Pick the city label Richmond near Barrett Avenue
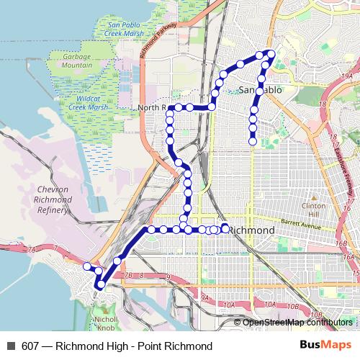(x=251, y=229)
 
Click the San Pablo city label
(x=260, y=90)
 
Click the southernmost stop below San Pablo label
(x=253, y=142)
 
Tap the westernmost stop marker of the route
(x=87, y=266)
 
